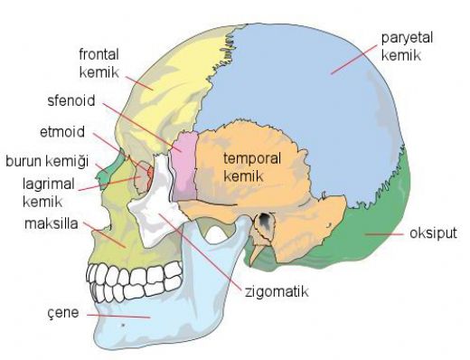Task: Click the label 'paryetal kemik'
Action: (403, 47)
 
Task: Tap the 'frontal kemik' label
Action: (101, 61)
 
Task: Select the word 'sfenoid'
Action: (69, 99)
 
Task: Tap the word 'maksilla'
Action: (50, 223)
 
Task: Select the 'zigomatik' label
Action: (276, 292)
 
